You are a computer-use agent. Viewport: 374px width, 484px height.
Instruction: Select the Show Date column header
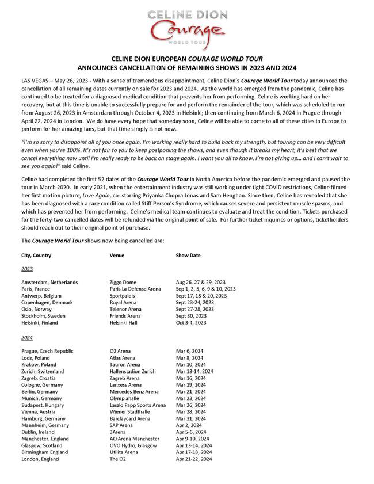click(x=188, y=255)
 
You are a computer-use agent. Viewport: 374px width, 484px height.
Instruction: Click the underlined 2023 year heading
click(x=27, y=269)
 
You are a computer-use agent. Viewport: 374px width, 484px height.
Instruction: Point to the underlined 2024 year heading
click(x=27, y=337)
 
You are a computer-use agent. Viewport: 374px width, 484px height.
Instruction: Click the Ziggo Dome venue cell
click(x=124, y=282)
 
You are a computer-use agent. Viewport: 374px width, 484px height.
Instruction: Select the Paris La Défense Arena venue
click(x=135, y=289)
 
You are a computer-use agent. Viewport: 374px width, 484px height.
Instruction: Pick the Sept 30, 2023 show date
click(x=193, y=316)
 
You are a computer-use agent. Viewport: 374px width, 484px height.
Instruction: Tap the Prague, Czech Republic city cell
click(x=47, y=350)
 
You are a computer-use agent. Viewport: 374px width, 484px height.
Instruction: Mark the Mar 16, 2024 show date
click(x=192, y=378)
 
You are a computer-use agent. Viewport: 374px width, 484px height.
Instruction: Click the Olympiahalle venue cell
click(x=125, y=398)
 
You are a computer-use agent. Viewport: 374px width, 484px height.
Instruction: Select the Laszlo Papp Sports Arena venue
click(x=138, y=405)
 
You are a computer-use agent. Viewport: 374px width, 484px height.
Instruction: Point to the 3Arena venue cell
click(x=118, y=432)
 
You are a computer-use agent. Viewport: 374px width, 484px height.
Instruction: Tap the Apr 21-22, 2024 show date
click(x=194, y=459)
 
